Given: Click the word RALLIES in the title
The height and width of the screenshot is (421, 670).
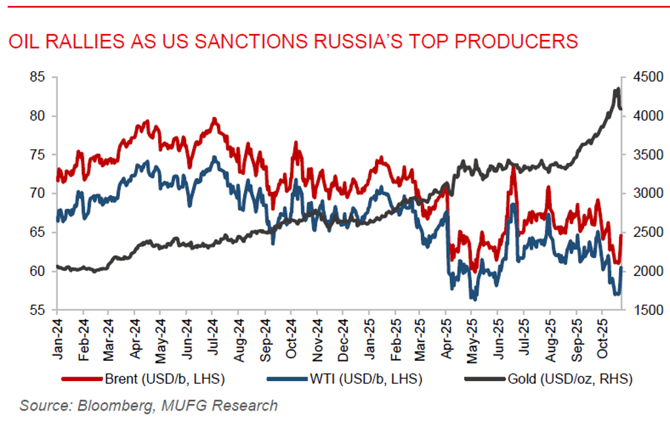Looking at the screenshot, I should pos(87,41).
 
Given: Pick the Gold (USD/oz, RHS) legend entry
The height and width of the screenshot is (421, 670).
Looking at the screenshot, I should pos(570,378).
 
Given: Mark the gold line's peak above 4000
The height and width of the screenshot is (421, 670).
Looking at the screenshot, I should pos(617,90).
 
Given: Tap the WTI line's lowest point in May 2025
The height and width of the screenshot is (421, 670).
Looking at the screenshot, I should pos(473,299).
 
